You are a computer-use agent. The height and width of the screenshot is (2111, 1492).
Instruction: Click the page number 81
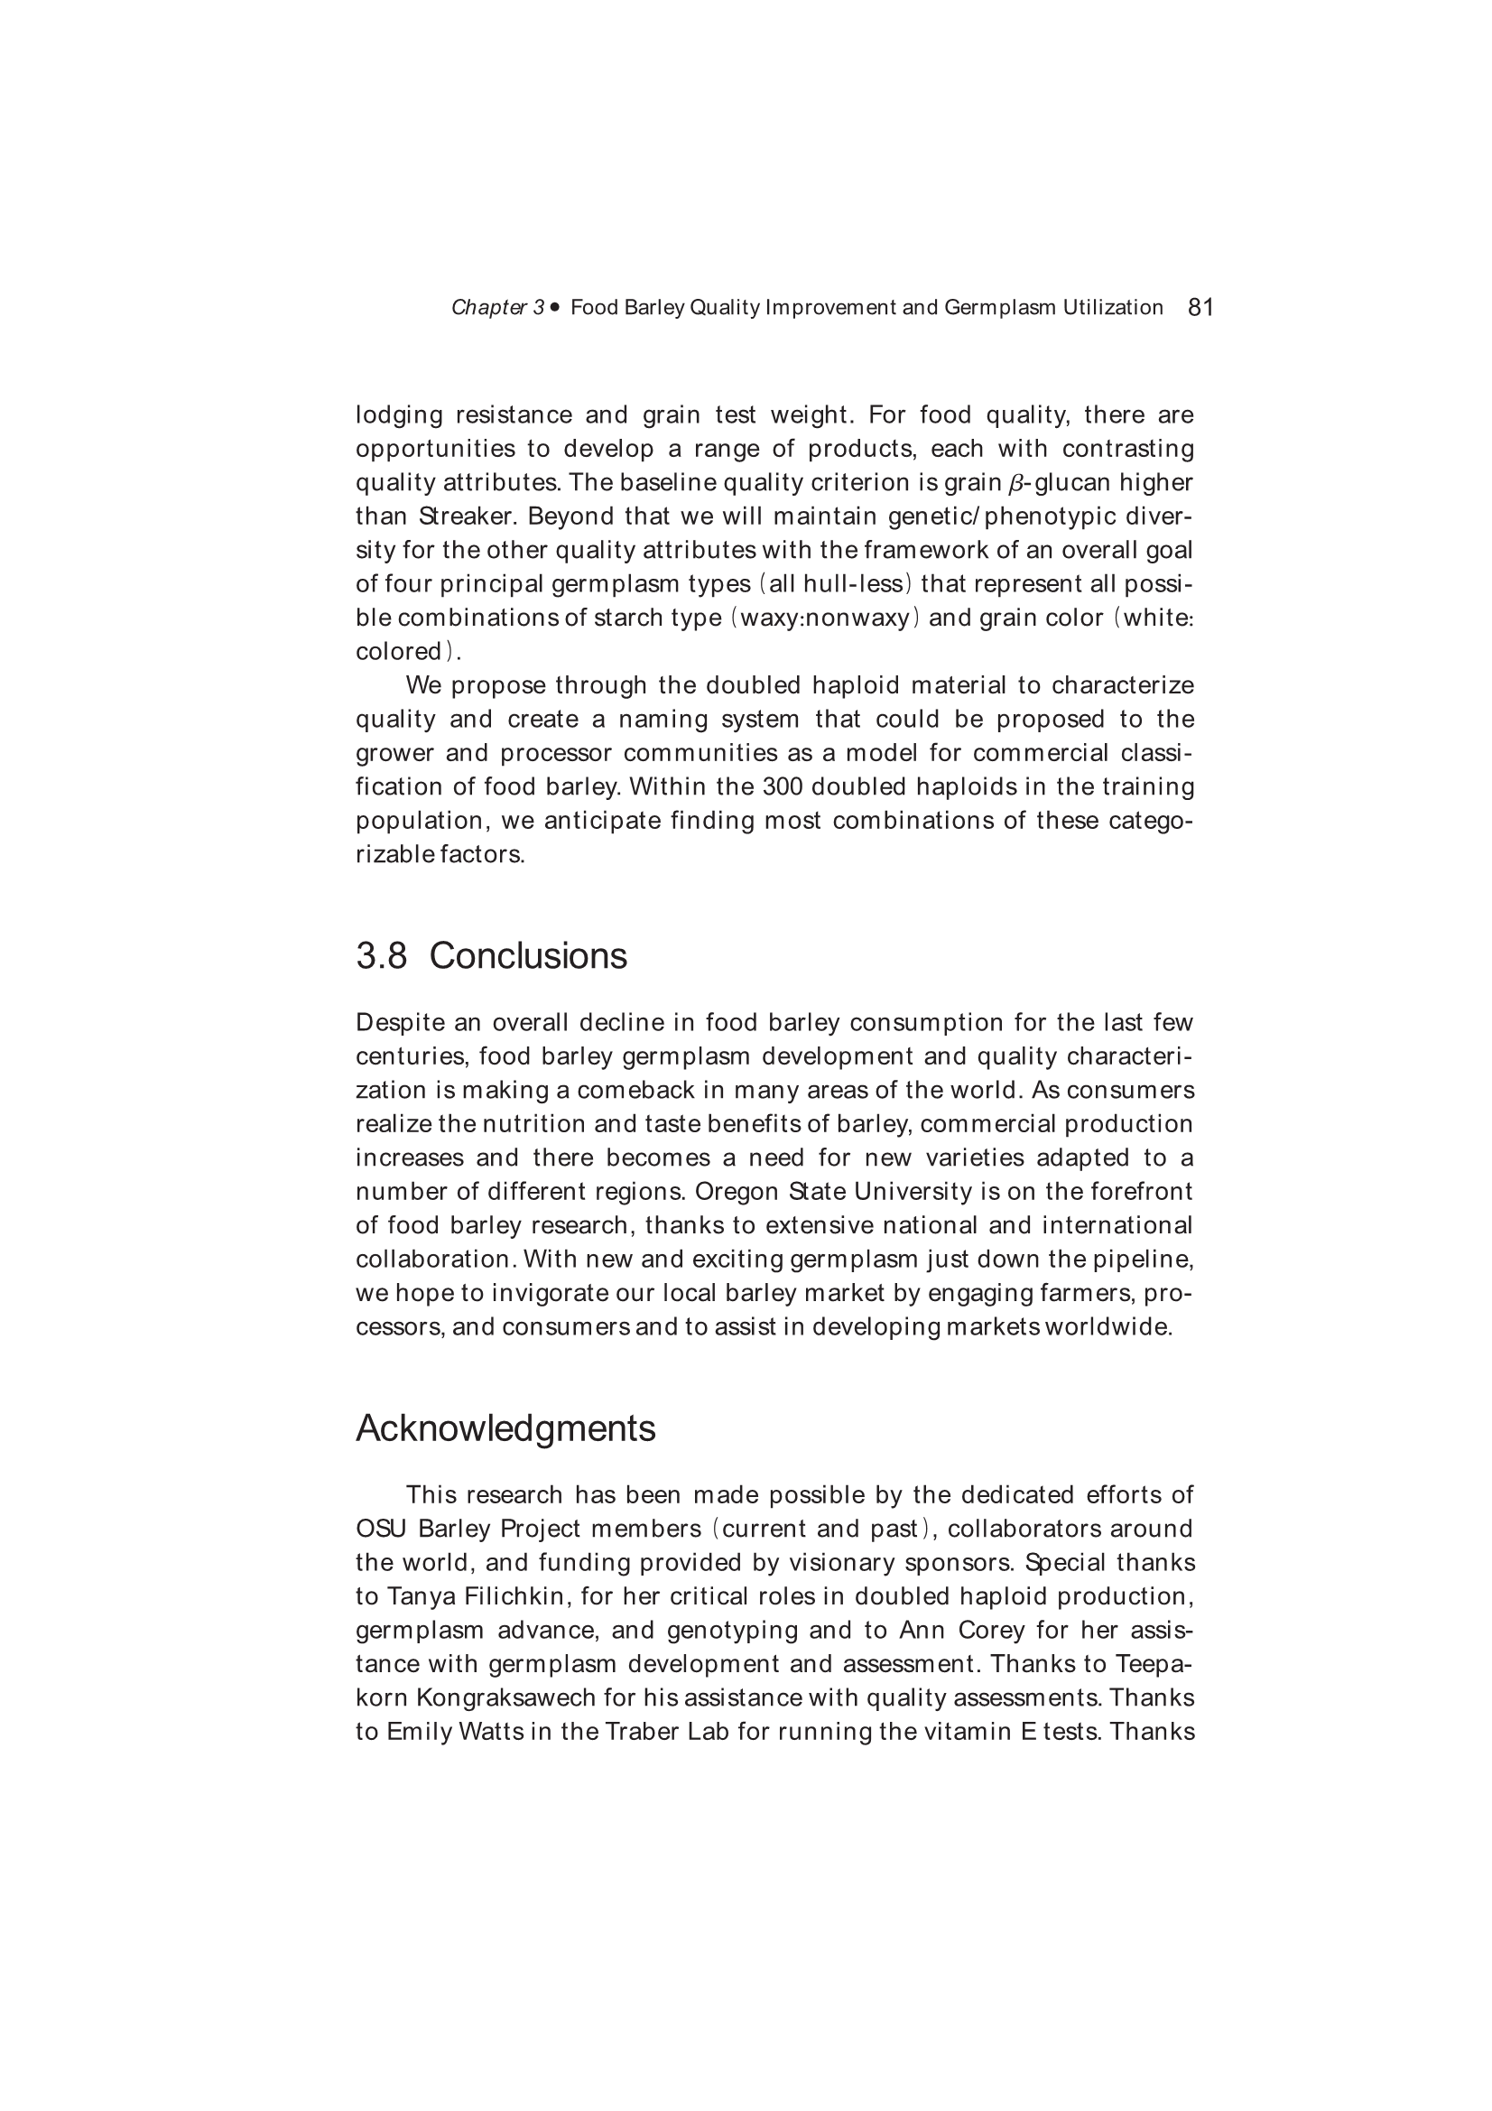point(1200,307)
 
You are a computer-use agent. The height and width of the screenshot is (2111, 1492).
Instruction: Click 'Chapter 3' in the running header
point(497,308)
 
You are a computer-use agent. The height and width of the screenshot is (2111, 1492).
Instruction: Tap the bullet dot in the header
point(554,307)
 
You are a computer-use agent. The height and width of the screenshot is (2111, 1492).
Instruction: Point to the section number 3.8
point(381,956)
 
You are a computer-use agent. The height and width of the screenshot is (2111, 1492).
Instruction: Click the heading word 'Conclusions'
point(528,956)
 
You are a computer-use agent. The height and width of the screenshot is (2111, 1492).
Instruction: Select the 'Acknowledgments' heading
point(505,1427)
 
